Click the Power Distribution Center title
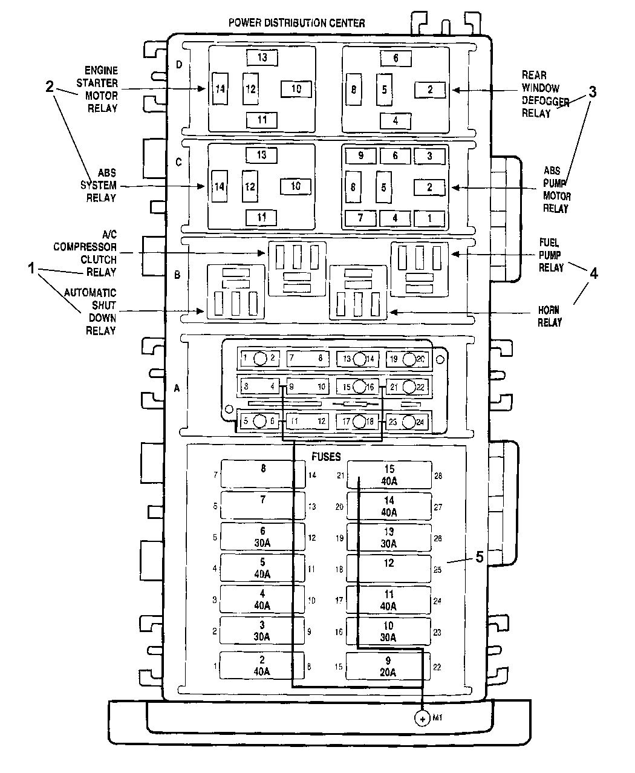pyautogui.click(x=296, y=23)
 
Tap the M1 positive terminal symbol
pyautogui.click(x=421, y=719)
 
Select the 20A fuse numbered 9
pyautogui.click(x=388, y=667)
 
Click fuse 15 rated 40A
pyautogui.click(x=389, y=474)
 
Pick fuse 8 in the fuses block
pyautogui.click(x=262, y=473)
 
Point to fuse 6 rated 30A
pyautogui.click(x=262, y=537)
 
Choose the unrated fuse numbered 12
pyautogui.click(x=389, y=568)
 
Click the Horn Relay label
pyautogui.click(x=550, y=317)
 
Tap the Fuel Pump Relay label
pyautogui.click(x=551, y=255)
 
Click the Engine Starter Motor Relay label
pyautogui.click(x=101, y=90)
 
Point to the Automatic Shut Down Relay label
pyautogui.click(x=100, y=311)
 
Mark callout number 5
pyautogui.click(x=480, y=557)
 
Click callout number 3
pyautogui.click(x=593, y=92)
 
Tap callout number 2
pyautogui.click(x=50, y=86)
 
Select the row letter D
pyautogui.click(x=178, y=65)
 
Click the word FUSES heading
pyautogui.click(x=326, y=457)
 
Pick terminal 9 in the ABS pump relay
pyautogui.click(x=360, y=156)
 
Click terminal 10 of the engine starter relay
pyautogui.click(x=296, y=89)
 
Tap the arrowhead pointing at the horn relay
pyautogui.click(x=392, y=312)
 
